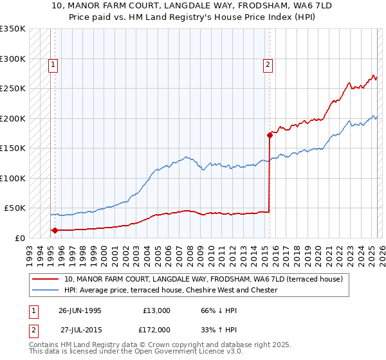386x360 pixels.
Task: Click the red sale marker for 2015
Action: tap(270, 135)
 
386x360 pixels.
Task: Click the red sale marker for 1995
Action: tap(55, 230)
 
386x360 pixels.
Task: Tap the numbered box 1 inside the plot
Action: tap(52, 64)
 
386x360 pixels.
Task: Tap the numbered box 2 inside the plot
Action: tap(267, 64)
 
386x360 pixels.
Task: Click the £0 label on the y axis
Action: tap(20, 238)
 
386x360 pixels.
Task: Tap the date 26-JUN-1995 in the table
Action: tap(80, 310)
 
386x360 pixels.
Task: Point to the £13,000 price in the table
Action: tap(155, 310)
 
